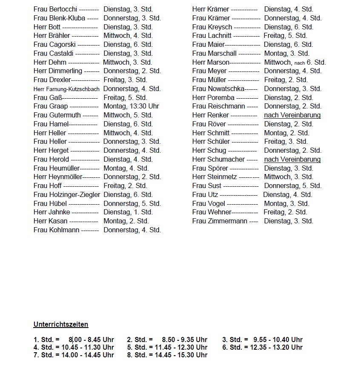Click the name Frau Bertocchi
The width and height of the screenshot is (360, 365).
(55, 9)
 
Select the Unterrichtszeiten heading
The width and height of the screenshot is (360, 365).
(61, 325)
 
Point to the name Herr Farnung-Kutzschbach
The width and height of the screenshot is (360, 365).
(66, 89)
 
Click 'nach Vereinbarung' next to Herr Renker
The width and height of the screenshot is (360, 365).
(292, 115)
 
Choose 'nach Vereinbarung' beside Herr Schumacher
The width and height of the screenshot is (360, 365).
(292, 160)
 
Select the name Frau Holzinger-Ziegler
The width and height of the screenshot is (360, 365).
(67, 195)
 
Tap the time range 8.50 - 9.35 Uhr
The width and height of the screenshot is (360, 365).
(185, 339)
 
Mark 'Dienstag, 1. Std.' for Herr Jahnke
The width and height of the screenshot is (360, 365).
(128, 212)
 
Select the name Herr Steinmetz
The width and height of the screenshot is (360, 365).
(214, 177)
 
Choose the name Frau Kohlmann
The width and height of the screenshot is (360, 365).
(56, 230)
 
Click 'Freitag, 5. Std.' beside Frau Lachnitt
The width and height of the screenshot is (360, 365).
(286, 36)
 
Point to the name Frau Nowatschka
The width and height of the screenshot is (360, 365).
(218, 89)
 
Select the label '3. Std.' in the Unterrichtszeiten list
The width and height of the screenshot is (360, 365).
(233, 339)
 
